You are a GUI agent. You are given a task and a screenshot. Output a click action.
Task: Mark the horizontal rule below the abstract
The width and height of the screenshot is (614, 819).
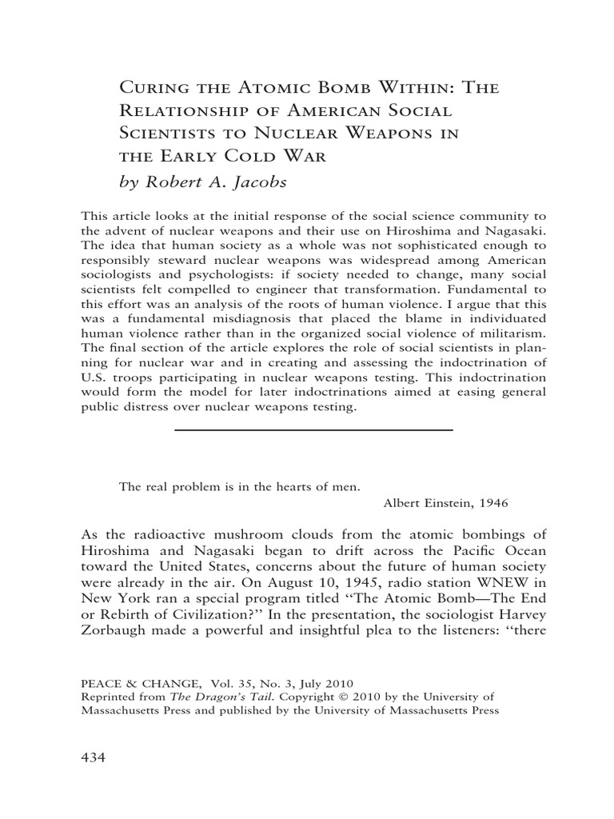pos(313,430)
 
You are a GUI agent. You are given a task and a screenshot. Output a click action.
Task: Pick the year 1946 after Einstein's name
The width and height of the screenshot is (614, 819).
pos(492,503)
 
